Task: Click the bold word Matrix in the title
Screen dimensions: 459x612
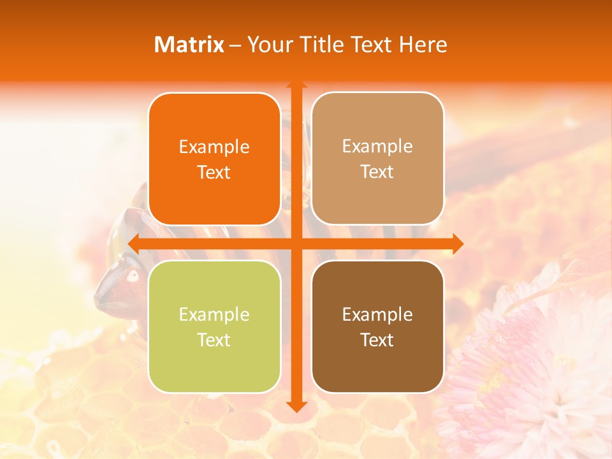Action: coord(189,45)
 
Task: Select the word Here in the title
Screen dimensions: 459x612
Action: coord(423,45)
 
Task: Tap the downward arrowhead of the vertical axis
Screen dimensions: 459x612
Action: coord(296,406)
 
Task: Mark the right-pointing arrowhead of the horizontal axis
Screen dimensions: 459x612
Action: coord(457,243)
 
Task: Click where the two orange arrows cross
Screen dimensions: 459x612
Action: coord(296,243)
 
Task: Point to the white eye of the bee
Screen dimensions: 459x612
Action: coord(133,276)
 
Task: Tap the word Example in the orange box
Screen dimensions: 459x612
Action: coord(214,147)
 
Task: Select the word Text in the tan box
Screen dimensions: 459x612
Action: coord(377,172)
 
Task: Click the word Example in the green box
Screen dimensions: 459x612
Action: coord(214,314)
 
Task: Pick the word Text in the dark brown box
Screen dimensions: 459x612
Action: coord(377,340)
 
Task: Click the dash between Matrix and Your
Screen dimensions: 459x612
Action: coord(235,45)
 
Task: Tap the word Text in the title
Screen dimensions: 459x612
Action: coord(370,45)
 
